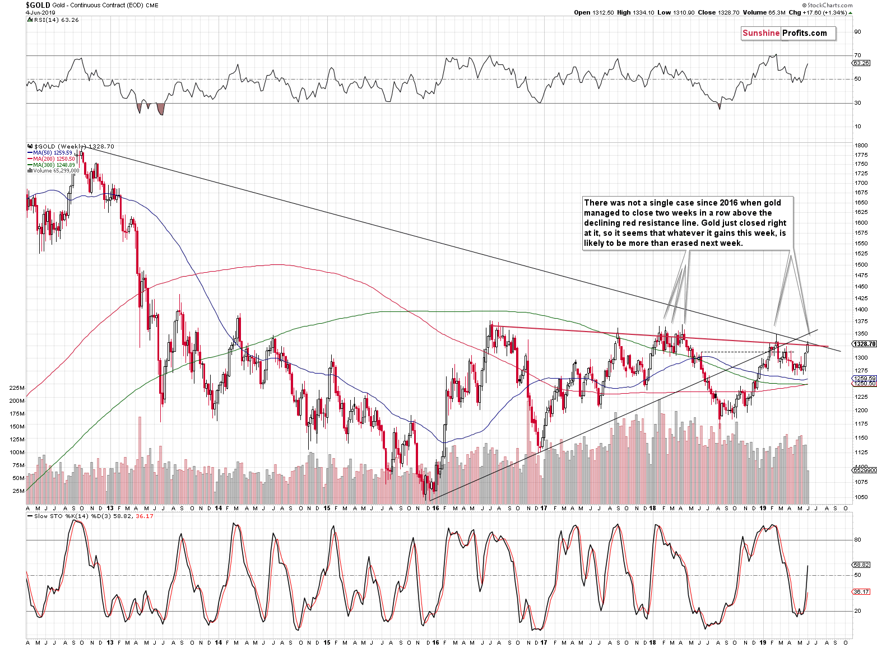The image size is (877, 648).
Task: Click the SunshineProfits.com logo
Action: click(x=788, y=34)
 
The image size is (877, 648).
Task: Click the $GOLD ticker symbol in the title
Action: click(x=38, y=5)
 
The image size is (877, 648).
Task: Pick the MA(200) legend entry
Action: click(x=54, y=159)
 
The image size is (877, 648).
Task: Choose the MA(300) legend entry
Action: click(x=54, y=165)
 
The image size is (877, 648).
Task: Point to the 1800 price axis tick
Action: click(x=861, y=146)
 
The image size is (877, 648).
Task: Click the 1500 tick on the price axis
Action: click(x=861, y=264)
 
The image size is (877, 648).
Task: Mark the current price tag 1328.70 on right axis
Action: click(x=864, y=344)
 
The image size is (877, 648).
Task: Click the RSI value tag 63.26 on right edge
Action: click(x=861, y=63)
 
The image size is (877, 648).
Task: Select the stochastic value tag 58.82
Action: click(x=861, y=565)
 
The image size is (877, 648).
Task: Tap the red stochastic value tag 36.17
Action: click(x=861, y=591)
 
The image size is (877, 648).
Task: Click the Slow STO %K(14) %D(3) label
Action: click(x=93, y=516)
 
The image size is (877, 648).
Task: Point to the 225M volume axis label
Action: click(x=17, y=388)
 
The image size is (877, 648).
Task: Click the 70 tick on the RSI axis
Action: click(x=857, y=55)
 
